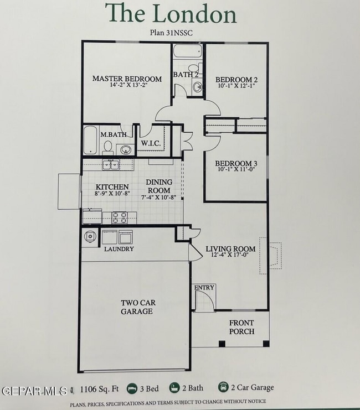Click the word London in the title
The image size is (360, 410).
(196, 13)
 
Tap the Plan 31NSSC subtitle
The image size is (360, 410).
(171, 33)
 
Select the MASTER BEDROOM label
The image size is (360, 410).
(127, 79)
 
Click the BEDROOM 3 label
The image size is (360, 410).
(236, 163)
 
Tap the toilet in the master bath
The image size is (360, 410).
(109, 148)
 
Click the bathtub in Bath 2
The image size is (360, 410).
(187, 51)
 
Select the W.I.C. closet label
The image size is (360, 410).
(151, 144)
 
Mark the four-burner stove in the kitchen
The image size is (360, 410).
(120, 217)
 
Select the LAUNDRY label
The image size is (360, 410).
(119, 249)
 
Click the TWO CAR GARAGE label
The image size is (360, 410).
(137, 307)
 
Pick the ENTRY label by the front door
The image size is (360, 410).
(204, 288)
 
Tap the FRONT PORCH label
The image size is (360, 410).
(241, 328)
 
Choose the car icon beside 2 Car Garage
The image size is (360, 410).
(224, 388)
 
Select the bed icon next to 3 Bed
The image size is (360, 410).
(132, 388)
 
